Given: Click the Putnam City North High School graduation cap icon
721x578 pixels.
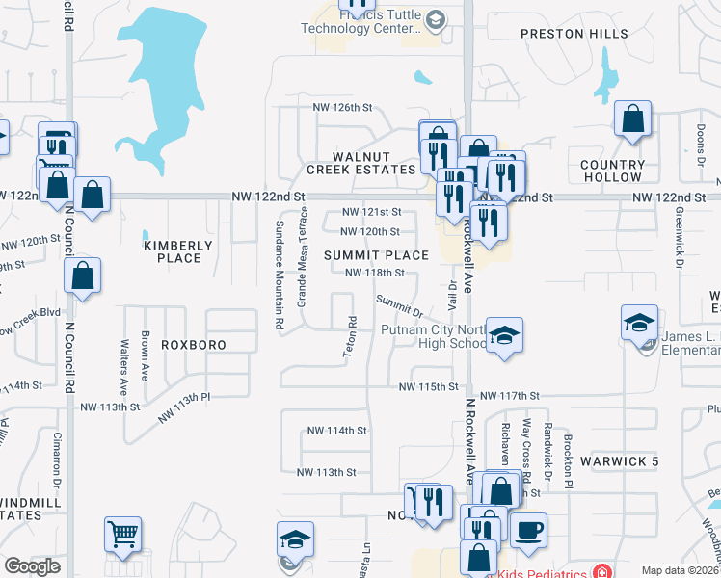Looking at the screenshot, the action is coord(504,336).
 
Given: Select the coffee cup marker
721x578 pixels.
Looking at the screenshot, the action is coord(528,529).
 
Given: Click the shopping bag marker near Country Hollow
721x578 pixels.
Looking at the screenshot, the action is coord(633,119).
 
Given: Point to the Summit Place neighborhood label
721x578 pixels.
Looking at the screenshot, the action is coord(376,255).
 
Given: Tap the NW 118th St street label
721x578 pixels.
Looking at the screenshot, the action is coord(381,273).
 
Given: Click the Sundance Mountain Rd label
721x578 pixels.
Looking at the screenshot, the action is coord(280,276).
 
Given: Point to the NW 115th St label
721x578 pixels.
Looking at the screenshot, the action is coord(429,386).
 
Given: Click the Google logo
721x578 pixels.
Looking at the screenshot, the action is coord(32,566).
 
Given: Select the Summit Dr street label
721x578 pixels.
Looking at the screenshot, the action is coord(400,306).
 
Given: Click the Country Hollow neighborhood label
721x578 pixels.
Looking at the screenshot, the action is coord(612,171).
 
